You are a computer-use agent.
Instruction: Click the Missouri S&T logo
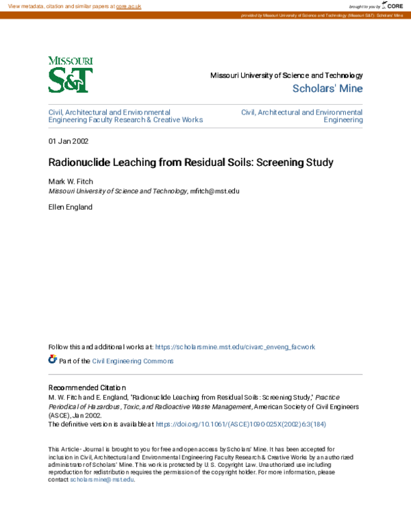point(71,75)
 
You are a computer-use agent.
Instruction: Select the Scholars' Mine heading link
point(327,88)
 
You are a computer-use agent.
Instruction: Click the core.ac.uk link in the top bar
point(128,5)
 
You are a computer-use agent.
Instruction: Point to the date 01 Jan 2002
point(68,141)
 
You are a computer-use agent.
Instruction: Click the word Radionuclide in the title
point(77,164)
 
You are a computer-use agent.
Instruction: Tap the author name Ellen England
point(71,206)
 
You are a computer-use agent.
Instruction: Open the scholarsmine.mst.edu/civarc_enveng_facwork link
point(235,347)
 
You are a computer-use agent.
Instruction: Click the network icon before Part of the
point(53,359)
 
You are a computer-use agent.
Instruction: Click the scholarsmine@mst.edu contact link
point(102,479)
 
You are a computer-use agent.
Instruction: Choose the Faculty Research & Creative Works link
point(125,119)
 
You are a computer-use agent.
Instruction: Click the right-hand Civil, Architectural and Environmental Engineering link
point(302,115)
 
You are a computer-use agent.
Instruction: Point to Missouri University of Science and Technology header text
point(286,75)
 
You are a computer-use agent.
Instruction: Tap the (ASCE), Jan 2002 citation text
point(75,415)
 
